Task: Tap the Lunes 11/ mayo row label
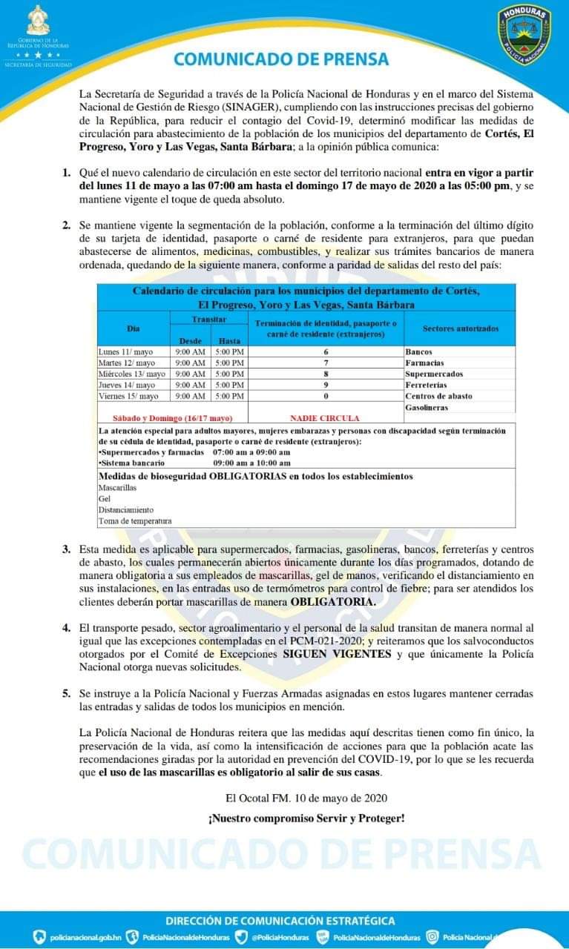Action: [127, 351]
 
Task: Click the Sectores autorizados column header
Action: [461, 328]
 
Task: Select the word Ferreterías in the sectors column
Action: [427, 385]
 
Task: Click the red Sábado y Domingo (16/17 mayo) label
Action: [172, 418]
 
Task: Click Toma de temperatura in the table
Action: [134, 521]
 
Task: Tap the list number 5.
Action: [66, 692]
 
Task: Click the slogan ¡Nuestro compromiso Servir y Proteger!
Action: [306, 819]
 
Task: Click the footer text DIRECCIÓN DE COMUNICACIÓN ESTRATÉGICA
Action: [280, 921]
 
